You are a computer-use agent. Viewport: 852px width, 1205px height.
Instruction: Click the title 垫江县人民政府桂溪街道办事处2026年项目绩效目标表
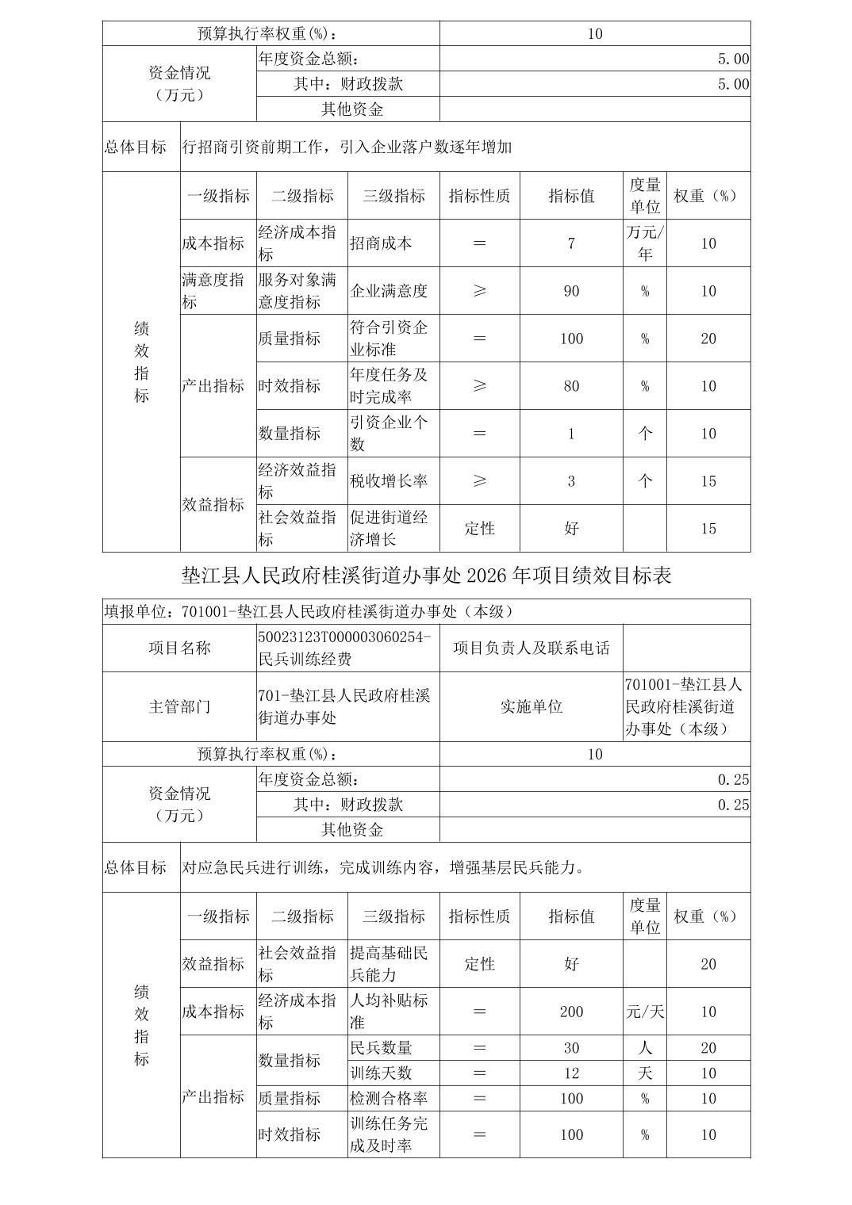(426, 576)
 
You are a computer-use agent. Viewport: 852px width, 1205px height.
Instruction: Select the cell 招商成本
(381, 243)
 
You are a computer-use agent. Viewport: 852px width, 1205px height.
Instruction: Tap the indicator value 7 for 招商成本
(571, 243)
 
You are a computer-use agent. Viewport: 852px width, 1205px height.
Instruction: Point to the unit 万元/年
(645, 243)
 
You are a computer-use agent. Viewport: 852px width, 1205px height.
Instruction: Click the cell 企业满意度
(389, 291)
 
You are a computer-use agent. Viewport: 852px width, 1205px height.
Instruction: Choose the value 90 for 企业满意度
(571, 291)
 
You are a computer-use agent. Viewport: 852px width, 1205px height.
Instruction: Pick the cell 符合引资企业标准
(389, 339)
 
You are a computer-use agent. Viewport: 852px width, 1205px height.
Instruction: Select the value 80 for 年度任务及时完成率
(571, 386)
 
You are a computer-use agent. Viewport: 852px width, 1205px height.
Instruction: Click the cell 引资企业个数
(389, 434)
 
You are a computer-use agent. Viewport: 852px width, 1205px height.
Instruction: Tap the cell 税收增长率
(389, 481)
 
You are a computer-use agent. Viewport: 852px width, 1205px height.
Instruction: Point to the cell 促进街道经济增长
(389, 529)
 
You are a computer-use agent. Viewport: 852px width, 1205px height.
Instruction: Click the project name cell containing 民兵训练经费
(346, 648)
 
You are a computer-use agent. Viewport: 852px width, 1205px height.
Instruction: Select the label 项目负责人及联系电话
(532, 648)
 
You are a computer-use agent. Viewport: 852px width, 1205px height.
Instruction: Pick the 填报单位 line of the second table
(309, 611)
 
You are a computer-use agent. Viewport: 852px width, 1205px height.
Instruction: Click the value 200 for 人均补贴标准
(571, 1012)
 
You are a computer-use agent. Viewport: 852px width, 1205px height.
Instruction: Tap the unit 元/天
(645, 1012)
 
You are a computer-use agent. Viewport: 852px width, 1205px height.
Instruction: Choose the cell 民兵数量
(381, 1048)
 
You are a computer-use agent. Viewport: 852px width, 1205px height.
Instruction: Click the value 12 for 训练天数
(571, 1073)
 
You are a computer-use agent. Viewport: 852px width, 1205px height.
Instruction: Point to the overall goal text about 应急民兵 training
(384, 867)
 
